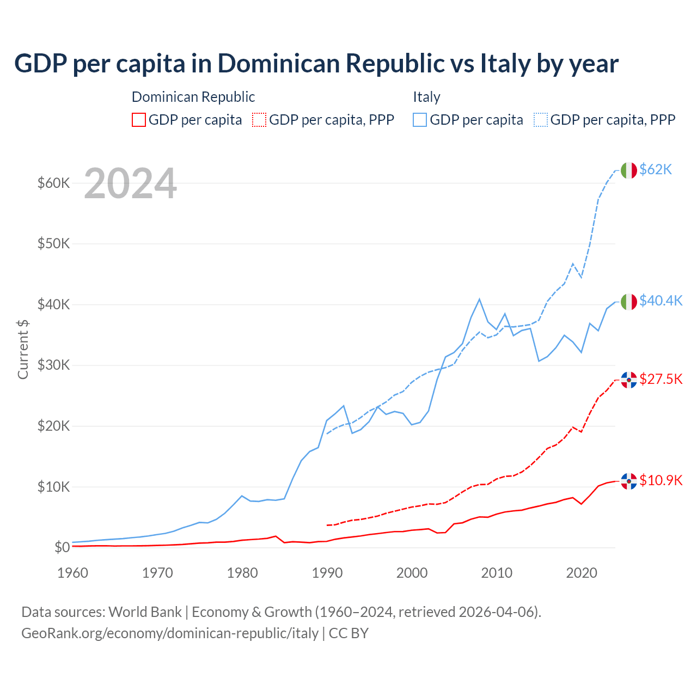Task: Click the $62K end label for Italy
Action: pyautogui.click(x=656, y=169)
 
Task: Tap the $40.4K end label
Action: pyautogui.click(x=661, y=301)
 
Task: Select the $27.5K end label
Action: pyautogui.click(x=661, y=379)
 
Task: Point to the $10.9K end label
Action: pyautogui.click(x=661, y=480)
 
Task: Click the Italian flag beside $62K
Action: pyautogui.click(x=629, y=170)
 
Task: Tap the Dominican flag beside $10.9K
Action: pyautogui.click(x=629, y=481)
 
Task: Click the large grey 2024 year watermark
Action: pyautogui.click(x=130, y=184)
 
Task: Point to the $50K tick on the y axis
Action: pyautogui.click(x=54, y=243)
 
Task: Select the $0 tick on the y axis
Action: pyautogui.click(x=62, y=547)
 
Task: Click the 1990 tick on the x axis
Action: pyautogui.click(x=327, y=573)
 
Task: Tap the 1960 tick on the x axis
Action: pyautogui.click(x=73, y=573)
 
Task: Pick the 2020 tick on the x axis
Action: pyautogui.click(x=582, y=573)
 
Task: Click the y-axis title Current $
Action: pyautogui.click(x=23, y=349)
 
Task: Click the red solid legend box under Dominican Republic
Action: pyautogui.click(x=139, y=120)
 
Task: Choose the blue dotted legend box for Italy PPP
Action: pyautogui.click(x=541, y=120)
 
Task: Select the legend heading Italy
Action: pyautogui.click(x=426, y=97)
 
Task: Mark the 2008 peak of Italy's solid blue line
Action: pyautogui.click(x=479, y=299)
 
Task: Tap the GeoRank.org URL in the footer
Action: pyautogui.click(x=170, y=633)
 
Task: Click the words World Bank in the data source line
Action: pyautogui.click(x=145, y=612)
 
